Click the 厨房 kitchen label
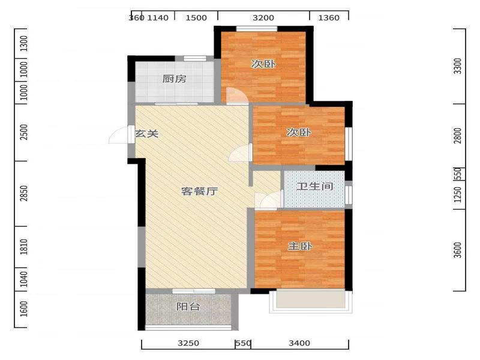[174, 79]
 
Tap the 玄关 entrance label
[147, 133]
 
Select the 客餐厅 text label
[200, 191]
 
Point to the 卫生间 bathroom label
[314, 186]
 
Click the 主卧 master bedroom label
[300, 246]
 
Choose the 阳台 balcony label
[188, 307]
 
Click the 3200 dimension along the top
[263, 18]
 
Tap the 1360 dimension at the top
[329, 18]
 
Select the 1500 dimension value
[196, 18]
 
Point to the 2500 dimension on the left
[24, 132]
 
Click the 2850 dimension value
[24, 193]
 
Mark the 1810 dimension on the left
[24, 247]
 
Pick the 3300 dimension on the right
[458, 66]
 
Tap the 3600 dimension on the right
[458, 250]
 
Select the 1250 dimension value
[458, 194]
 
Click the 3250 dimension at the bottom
[188, 343]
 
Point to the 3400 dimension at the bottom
[299, 343]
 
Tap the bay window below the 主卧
[311, 301]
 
